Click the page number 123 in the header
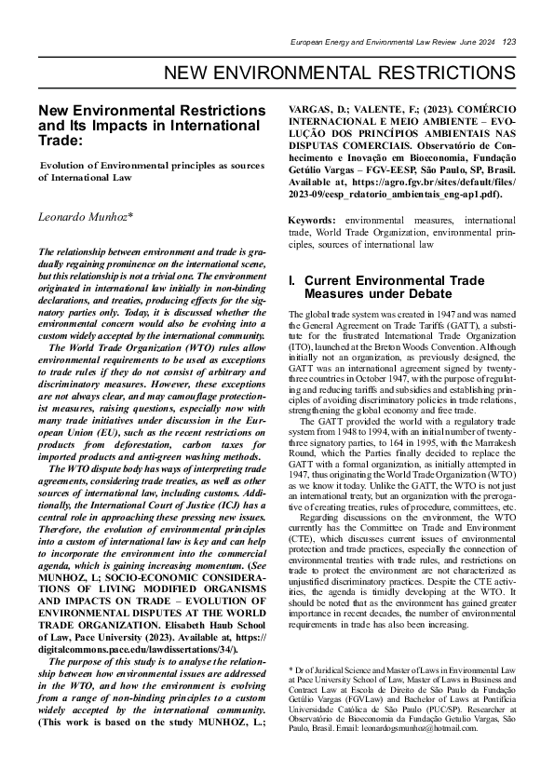coord(509,42)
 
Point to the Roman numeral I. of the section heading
coord(292,280)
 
